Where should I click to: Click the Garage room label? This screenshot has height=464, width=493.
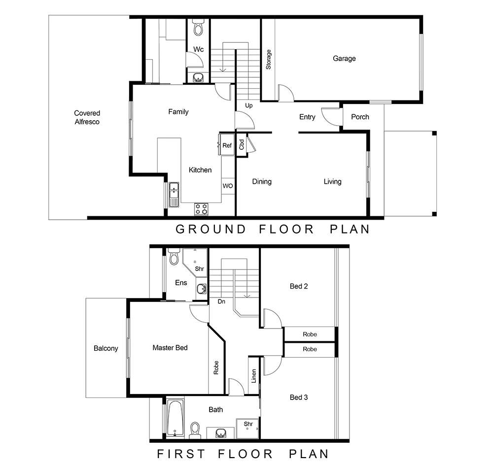[x=344, y=59]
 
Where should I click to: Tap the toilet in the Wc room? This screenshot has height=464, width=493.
[x=198, y=29]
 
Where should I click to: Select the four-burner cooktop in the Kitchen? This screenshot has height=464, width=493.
[x=201, y=209]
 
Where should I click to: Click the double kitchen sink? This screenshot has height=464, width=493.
[x=174, y=194]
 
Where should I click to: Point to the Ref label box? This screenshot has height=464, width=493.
[x=227, y=145]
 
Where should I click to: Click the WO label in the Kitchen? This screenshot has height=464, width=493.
[x=227, y=186]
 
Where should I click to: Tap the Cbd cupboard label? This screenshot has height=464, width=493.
[x=242, y=144]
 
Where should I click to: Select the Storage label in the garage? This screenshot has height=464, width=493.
[x=269, y=59]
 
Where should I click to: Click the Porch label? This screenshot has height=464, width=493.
[x=360, y=117]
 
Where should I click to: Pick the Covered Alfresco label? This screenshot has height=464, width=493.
[x=87, y=117]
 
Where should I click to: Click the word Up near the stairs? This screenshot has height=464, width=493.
[x=248, y=105]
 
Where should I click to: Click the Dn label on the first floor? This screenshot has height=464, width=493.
[x=221, y=301]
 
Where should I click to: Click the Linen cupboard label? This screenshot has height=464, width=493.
[x=254, y=376]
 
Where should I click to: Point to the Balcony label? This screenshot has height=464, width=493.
[x=106, y=348]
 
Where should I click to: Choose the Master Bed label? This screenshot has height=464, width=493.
[x=170, y=348]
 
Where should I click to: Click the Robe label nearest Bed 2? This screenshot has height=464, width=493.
[x=310, y=334]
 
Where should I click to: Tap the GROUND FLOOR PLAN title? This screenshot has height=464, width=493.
[x=273, y=229]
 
